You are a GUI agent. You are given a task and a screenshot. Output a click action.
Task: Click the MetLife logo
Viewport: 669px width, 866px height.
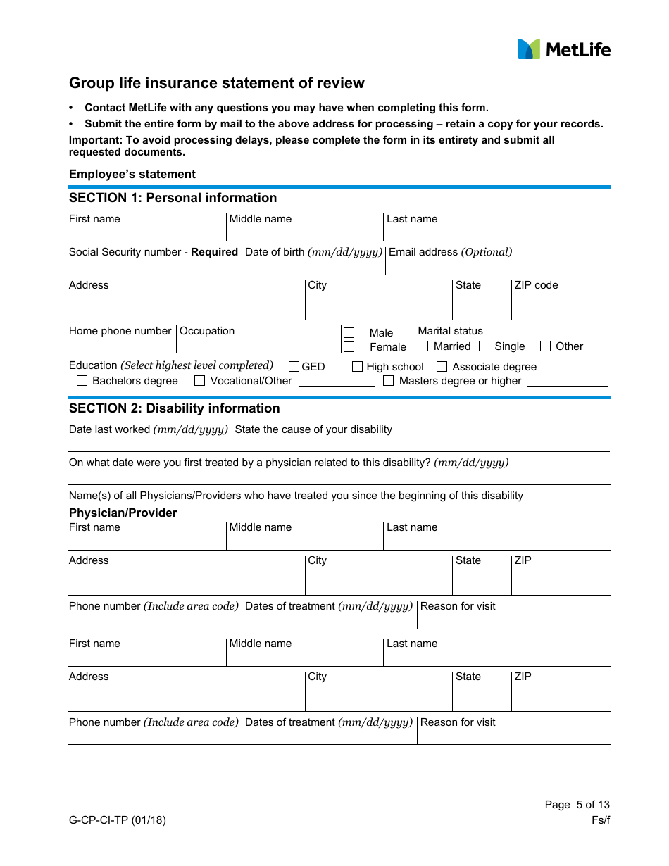pos(564,49)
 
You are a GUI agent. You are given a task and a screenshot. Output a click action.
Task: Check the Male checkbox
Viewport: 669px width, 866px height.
pos(349,332)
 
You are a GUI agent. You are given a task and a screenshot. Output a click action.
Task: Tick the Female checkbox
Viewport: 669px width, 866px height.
pos(349,346)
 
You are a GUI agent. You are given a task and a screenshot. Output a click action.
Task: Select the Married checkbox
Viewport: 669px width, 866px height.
pos(423,346)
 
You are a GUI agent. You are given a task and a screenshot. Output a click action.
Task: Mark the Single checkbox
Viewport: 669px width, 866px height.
pos(484,346)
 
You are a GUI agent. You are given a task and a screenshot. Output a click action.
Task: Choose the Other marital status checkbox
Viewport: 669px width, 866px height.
pos(545,346)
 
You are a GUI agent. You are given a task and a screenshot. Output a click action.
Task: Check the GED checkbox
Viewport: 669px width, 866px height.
pos(294,366)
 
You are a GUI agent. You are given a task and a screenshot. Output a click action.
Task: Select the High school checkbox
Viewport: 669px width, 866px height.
pos(358,366)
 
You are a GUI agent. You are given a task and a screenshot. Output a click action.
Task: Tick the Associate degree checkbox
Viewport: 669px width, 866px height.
pos(442,366)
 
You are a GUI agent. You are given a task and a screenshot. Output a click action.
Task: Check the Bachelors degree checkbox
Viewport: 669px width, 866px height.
pos(82,381)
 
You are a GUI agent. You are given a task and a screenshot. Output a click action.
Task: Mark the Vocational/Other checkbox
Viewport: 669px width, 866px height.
pos(199,381)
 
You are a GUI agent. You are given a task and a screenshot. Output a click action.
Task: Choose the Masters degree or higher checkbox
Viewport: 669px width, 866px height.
pos(388,381)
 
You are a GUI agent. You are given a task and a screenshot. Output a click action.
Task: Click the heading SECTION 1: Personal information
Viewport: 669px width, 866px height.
pos(173,198)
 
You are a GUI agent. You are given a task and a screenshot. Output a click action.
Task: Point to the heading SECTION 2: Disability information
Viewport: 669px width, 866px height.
pos(174,408)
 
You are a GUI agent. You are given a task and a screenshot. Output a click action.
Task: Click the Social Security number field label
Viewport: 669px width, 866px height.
pos(153,252)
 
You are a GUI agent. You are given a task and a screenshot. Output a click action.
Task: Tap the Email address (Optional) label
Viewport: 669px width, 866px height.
pos(450,252)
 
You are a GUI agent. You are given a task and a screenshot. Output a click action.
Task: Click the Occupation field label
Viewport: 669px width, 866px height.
pos(207,331)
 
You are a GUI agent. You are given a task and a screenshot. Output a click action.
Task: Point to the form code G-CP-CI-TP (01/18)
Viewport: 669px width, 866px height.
pos(118,820)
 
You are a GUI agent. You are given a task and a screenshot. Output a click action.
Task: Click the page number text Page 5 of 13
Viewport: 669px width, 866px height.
pos(577,805)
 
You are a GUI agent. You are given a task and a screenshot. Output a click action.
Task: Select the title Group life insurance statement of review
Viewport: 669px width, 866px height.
pos(217,83)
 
